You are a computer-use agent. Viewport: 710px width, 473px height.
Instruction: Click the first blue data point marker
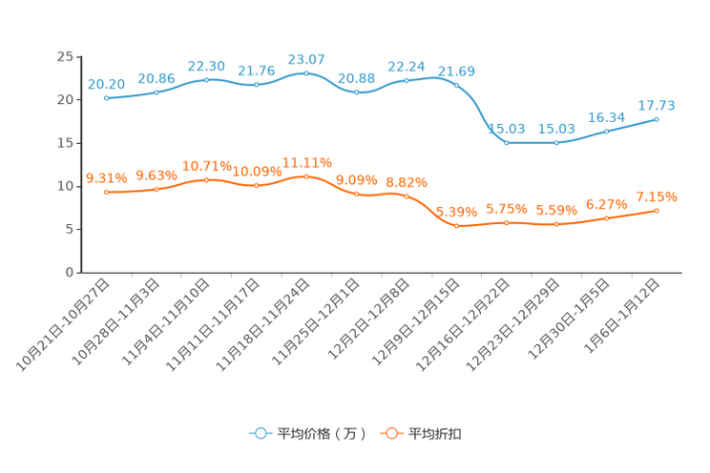pos(106,97)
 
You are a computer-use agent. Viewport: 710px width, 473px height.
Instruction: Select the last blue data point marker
pos(657,119)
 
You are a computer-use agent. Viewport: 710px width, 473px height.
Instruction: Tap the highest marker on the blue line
pos(306,72)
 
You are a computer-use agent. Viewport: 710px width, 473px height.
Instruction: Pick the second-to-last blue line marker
pos(607,131)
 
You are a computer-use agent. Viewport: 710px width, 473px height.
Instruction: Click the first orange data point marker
pos(106,192)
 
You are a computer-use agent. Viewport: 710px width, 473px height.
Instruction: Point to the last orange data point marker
pos(657,210)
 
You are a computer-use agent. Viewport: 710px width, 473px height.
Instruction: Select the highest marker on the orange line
pos(306,176)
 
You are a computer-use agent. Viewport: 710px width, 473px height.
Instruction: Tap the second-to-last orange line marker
pos(607,218)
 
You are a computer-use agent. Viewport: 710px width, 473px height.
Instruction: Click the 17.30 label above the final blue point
pos(657,104)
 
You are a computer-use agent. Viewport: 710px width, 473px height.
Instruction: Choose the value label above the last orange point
pos(657,196)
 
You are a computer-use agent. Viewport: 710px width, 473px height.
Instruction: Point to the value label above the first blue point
pos(106,84)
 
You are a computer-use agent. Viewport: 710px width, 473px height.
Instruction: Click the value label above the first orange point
pos(106,177)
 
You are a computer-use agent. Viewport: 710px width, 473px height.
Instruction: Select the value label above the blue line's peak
pos(306,59)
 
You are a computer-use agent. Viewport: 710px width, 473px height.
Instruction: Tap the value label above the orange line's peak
pos(306,161)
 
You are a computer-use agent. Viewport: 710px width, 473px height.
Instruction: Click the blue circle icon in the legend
pos(260,433)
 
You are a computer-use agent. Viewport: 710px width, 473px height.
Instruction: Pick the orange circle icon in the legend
pos(390,433)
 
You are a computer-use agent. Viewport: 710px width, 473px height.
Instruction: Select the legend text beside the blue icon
pos(321,434)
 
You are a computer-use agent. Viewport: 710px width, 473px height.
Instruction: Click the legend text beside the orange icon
pos(435,434)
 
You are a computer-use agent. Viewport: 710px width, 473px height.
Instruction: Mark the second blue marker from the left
pos(157,92)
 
